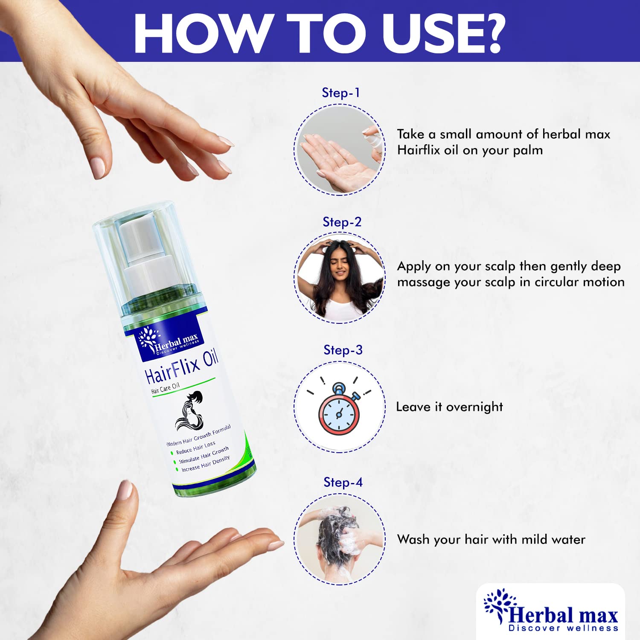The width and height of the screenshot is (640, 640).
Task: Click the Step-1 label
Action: [x=340, y=93]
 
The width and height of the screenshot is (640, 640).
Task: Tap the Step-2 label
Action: [x=342, y=222]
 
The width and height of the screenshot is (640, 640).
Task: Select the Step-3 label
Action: [x=343, y=350]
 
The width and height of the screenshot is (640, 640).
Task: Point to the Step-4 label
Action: [x=343, y=482]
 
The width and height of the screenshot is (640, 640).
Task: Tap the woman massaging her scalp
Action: [x=340, y=278]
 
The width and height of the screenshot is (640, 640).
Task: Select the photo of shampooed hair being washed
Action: [x=340, y=539]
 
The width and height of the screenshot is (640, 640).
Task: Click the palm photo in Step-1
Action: [x=340, y=150]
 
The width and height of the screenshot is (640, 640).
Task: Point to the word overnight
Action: [x=474, y=407]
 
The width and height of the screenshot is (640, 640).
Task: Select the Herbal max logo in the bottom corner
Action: [x=551, y=611]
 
